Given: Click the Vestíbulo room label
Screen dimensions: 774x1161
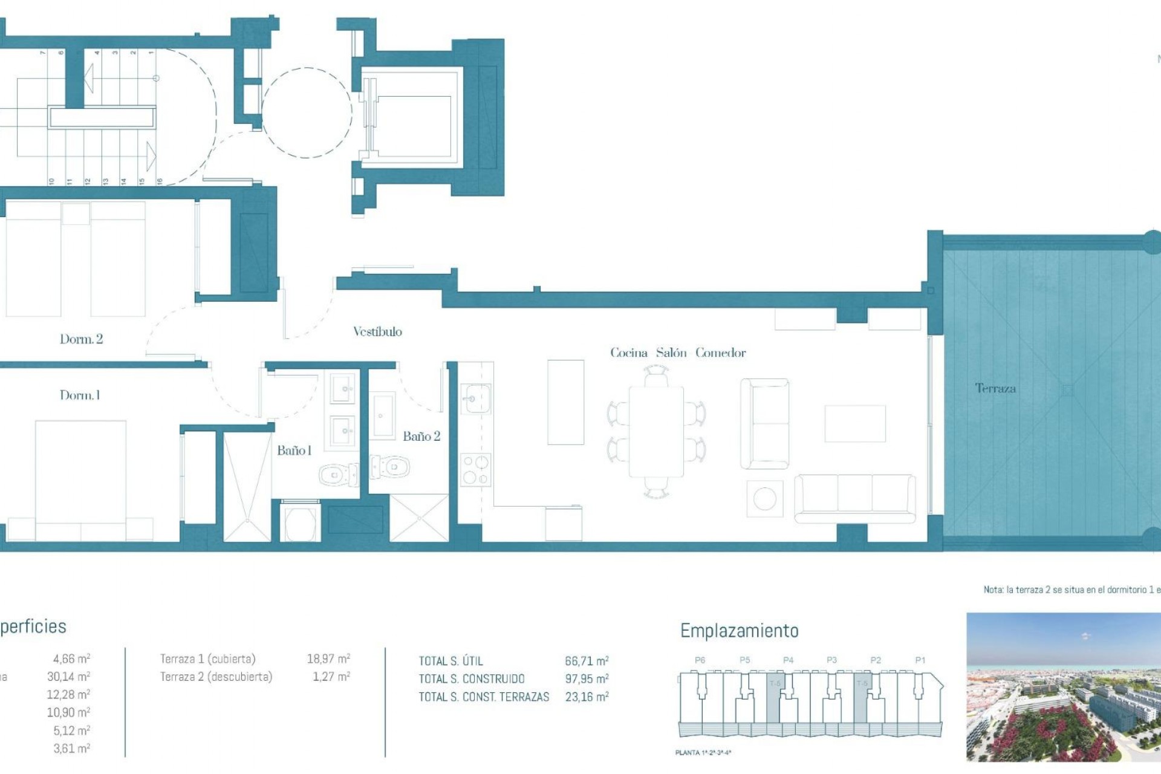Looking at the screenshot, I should coord(377,331).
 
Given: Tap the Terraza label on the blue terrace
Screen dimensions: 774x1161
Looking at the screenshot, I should coord(995,388).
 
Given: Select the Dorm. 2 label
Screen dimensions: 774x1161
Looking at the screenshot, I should coord(81,339).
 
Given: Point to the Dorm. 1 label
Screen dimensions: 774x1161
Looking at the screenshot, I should coord(80,395).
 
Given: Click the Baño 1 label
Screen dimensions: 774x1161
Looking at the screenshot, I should coord(294,450).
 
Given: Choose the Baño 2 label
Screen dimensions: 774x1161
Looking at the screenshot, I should coord(421,437).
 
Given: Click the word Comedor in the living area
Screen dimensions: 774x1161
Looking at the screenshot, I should coord(720,353).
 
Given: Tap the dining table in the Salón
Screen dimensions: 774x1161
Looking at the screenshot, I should coord(656,432).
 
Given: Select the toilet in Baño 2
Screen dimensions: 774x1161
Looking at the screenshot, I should coord(391,467).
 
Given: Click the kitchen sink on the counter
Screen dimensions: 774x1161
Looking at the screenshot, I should coord(477,398).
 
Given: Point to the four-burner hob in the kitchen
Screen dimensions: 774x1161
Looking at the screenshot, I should coord(476,470).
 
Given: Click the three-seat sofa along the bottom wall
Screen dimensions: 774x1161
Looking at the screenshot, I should coord(854,498).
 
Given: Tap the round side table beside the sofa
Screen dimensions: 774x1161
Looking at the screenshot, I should coord(764,499).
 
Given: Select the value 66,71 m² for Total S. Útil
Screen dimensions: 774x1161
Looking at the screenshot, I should coord(587,661).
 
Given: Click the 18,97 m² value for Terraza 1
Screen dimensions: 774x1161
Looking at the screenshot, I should coord(328,659).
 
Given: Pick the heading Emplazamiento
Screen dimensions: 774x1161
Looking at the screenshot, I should coord(739,631).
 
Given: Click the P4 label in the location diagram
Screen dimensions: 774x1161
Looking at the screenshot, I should coord(788,660).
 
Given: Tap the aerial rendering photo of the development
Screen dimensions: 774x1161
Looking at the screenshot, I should coord(1063,687).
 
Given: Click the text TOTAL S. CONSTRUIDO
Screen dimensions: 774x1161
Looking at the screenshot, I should coord(472,679).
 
